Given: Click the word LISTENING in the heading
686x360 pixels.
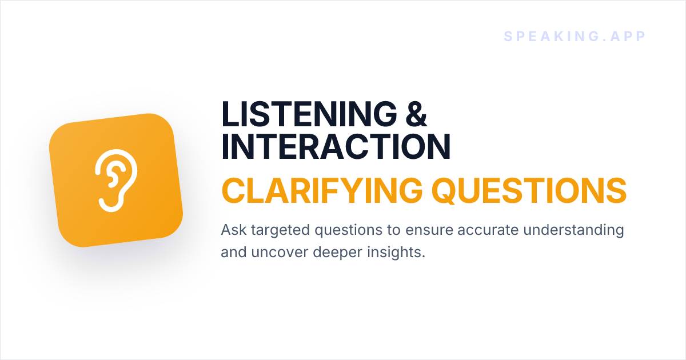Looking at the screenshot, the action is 309,114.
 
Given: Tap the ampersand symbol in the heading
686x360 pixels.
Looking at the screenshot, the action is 416,114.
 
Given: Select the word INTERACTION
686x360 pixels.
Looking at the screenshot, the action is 336,147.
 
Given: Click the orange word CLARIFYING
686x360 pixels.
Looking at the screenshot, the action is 322,191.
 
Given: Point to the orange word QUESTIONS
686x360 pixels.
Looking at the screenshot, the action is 529,191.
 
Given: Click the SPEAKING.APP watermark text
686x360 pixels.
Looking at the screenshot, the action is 575,37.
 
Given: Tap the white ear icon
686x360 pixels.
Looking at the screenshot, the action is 116,181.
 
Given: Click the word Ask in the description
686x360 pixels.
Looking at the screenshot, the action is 234,230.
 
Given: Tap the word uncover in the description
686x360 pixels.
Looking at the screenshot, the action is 280,253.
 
